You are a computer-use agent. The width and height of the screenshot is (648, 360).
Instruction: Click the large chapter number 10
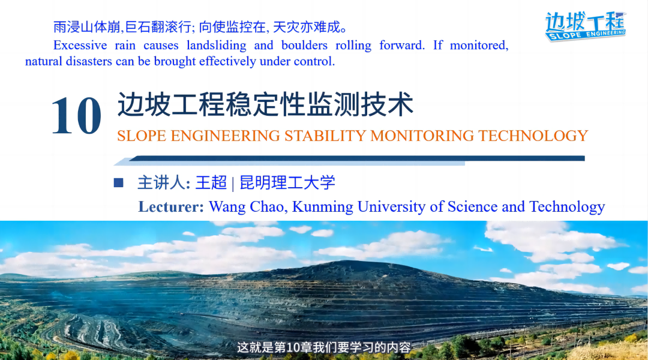76,115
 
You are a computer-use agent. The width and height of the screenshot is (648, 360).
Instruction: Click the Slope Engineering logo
585,26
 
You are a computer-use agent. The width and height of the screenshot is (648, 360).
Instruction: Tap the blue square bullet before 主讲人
119,182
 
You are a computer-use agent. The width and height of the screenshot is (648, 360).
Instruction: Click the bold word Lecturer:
171,206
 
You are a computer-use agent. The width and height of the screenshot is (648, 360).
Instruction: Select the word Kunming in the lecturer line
323,206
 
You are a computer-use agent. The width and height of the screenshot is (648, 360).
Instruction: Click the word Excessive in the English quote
80,45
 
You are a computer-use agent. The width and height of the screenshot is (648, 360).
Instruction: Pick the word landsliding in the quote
216,45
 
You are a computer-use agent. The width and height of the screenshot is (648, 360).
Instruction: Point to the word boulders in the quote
304,45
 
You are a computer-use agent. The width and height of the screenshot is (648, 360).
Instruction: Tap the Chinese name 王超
211,182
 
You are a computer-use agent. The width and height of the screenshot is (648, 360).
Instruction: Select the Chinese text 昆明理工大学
287,182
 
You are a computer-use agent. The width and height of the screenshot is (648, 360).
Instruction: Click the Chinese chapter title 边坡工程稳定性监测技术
265,104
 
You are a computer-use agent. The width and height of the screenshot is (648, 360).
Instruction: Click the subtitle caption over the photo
324,347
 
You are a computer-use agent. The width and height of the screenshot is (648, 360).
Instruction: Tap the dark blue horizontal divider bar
356,158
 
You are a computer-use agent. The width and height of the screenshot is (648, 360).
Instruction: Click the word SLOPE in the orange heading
142,136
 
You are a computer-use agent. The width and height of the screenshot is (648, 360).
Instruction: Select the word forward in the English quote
402,45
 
